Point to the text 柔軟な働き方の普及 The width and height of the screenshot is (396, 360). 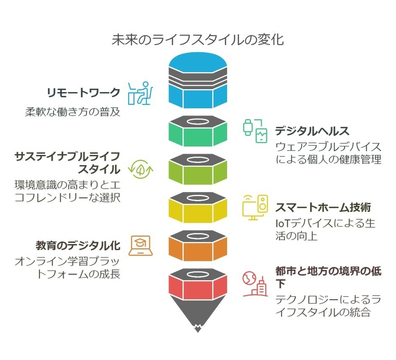[x=72, y=112]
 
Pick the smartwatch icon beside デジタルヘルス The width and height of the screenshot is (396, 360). [x=255, y=131]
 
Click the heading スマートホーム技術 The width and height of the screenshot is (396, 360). [x=323, y=207]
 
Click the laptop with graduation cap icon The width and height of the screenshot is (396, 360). [x=140, y=246]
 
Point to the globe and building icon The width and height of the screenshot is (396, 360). [x=255, y=284]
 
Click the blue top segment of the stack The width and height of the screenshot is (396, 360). [x=198, y=97]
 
